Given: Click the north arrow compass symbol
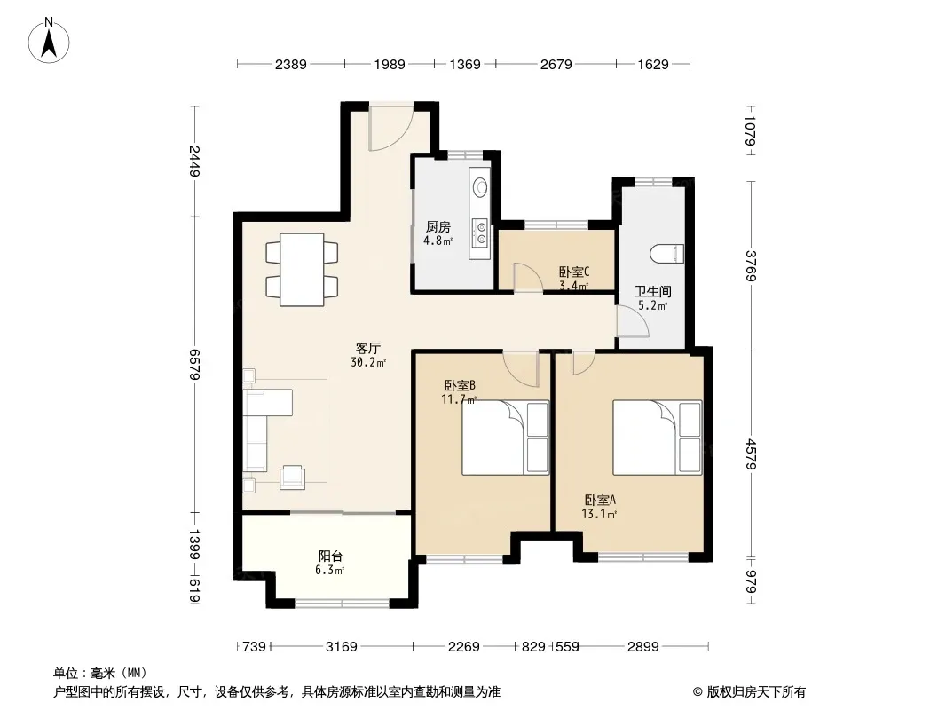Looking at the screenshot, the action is pos(49,41).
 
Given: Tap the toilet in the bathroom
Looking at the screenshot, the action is pos(667,253).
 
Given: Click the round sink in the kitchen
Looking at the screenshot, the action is pos(480,186).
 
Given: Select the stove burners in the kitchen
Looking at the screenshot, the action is pos(481,233).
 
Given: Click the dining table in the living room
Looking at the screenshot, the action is pos(302,269).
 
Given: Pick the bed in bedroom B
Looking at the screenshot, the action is pos(506,438).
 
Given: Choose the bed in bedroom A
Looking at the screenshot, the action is pos(658,438).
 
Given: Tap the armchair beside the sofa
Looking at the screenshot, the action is pos(293,477).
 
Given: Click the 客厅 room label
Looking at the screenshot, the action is pos(368,349).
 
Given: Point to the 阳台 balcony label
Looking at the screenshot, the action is pos(330,556).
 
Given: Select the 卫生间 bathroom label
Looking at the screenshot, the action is pos(653,291).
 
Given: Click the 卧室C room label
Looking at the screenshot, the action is pos(574,272).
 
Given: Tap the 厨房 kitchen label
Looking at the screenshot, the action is pos(438,227).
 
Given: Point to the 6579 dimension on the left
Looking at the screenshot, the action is pos(194,364).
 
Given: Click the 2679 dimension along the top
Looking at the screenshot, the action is pos(556,64).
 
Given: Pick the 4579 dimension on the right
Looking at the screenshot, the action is pos(751,454).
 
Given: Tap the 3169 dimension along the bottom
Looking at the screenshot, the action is pos(342,647).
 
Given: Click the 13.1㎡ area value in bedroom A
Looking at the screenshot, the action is pos(599,514).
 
